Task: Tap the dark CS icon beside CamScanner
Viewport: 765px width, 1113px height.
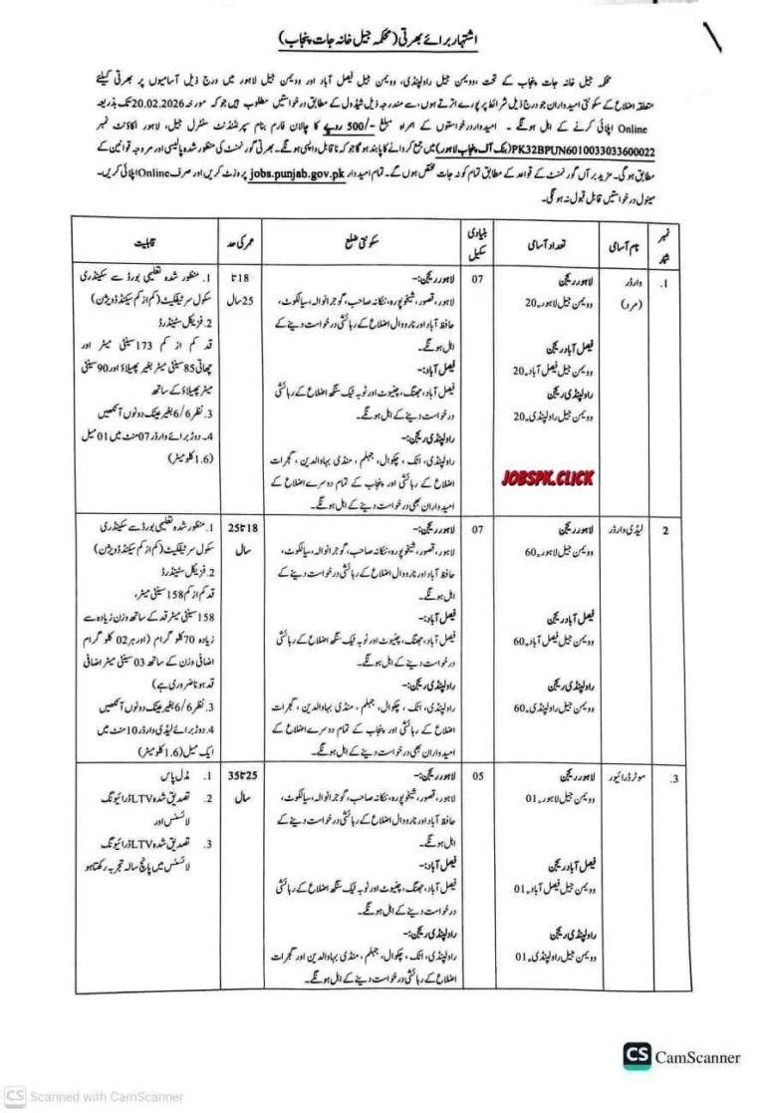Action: [637, 1057]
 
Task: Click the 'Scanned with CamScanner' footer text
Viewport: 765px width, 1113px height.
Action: [99, 1097]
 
